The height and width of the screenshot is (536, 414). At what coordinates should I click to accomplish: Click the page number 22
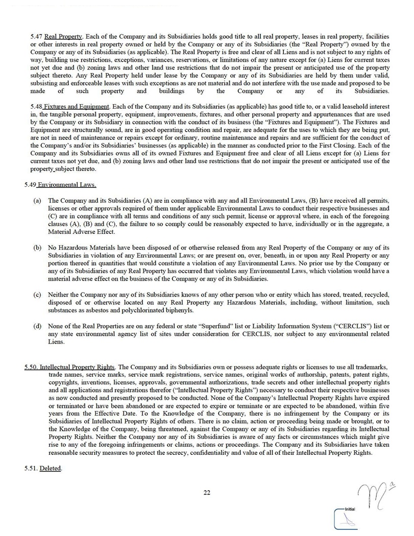coord(207,493)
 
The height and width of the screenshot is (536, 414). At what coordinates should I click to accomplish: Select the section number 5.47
coord(36,37)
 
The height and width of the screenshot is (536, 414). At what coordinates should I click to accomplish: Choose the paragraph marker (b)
coord(37,248)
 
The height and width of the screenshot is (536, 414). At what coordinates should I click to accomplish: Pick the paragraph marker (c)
coord(37,295)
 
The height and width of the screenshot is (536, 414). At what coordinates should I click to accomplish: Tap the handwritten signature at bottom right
coord(374,497)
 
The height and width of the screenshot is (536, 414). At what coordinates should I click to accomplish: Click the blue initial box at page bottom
coord(347,520)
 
